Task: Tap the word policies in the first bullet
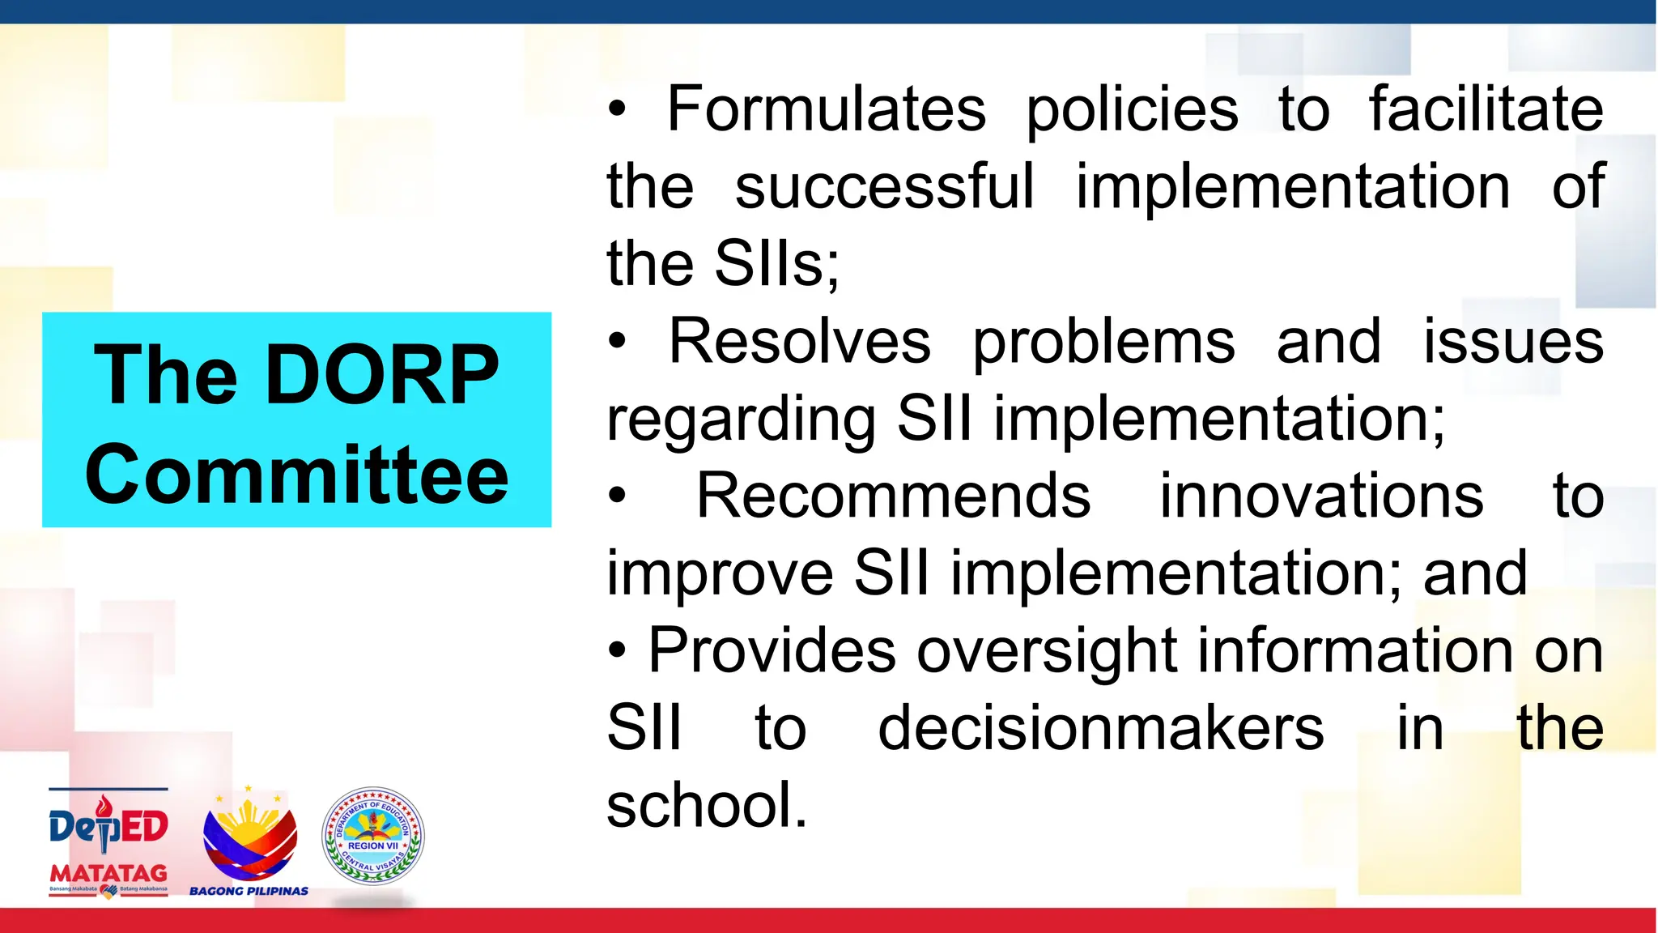tap(1132, 111)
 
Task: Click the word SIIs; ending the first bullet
tap(777, 264)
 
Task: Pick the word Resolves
tap(800, 342)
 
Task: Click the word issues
tap(1513, 342)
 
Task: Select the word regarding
tap(740, 420)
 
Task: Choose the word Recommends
tap(893, 496)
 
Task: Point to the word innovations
tap(1321, 496)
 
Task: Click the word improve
tap(720, 574)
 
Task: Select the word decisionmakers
tap(1101, 728)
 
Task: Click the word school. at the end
tap(707, 806)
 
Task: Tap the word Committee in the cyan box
tap(296, 475)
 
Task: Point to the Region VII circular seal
tap(372, 836)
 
